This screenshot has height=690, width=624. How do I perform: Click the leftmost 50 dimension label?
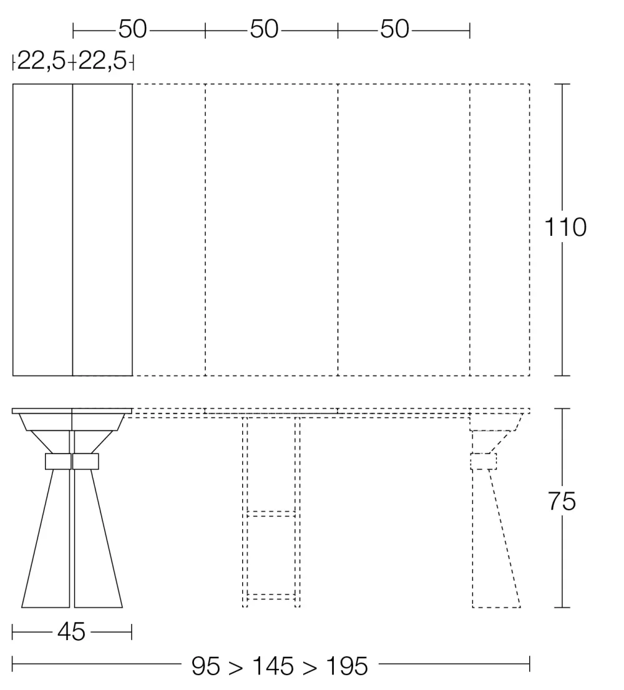tap(132, 29)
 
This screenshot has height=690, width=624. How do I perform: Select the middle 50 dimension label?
tap(264, 29)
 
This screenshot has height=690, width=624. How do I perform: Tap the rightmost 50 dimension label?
tap(395, 29)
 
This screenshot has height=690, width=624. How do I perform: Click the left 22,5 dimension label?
tap(41, 61)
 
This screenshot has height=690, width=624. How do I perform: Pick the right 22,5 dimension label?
tap(102, 61)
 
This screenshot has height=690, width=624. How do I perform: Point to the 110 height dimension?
tap(565, 227)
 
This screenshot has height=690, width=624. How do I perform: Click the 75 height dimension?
tap(562, 501)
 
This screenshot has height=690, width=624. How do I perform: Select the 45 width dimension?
tap(71, 632)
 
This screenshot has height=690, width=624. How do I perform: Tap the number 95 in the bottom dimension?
tap(205, 666)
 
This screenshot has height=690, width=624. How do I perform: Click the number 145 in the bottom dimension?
tap(273, 666)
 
